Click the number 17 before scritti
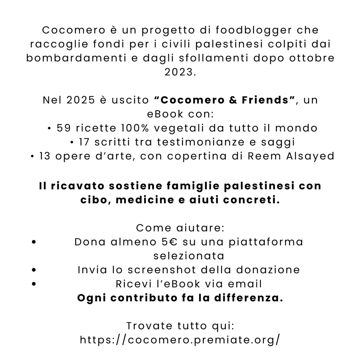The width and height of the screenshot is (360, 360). tap(85, 142)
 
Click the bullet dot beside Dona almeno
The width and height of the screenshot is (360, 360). tap(34, 242)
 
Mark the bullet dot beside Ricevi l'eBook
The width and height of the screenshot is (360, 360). tap(34, 284)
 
